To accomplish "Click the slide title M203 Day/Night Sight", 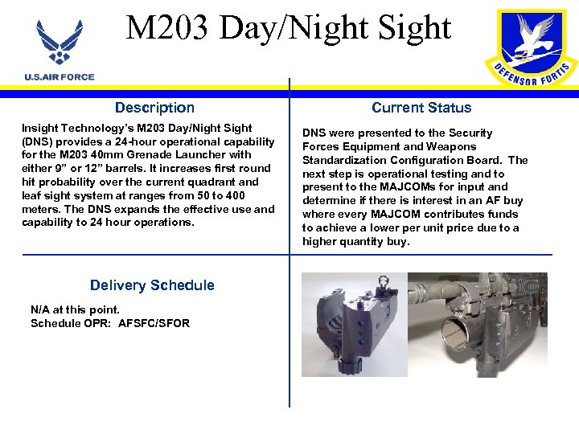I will pos(289,28).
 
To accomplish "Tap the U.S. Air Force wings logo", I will pos(60,44).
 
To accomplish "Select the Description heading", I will pos(154,108).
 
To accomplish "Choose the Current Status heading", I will pos(421,108).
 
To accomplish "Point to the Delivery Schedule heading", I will pos(152,285).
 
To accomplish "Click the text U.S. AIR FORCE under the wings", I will pos(60,77).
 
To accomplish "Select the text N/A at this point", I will pos(75,309).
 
